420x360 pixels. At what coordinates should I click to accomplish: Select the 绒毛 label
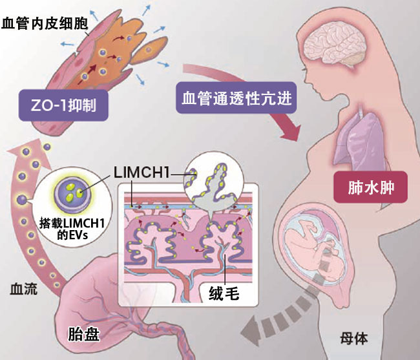coord(224,295)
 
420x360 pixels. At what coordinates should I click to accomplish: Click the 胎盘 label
coord(84,334)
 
